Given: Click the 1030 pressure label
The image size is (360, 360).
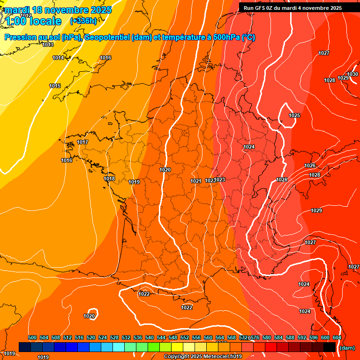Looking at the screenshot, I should pyautogui.click(x=352, y=74).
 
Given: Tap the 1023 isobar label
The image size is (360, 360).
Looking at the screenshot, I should pyautogui.click(x=220, y=180).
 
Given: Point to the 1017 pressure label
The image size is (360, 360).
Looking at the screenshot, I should pyautogui.click(x=82, y=142).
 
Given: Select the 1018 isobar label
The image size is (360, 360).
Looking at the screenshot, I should pyautogui.click(x=109, y=179).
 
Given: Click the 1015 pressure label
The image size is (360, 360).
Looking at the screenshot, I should pyautogui.click(x=55, y=86).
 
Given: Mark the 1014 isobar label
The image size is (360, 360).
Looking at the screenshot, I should pyautogui.click(x=58, y=58).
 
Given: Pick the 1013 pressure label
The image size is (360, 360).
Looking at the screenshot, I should pyautogui.click(x=47, y=45).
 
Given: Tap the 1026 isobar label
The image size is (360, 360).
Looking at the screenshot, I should pyautogui.click(x=310, y=165).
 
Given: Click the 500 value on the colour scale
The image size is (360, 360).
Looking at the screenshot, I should pyautogui.click(x=32, y=337).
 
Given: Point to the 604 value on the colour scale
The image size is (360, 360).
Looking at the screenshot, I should pyautogui.click(x=337, y=337).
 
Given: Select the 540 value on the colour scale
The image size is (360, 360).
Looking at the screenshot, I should pyautogui.click(x=150, y=337).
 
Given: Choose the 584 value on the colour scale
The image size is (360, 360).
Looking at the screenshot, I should pyautogui.click(x=278, y=337).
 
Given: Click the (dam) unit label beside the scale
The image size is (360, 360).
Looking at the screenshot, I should pyautogui.click(x=347, y=348).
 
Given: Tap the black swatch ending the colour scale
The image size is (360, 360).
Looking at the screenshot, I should pyautogui.click(x=329, y=347).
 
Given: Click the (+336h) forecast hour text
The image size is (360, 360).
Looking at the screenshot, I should pyautogui.click(x=83, y=21).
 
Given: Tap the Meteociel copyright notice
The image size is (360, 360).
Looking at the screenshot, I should pyautogui.click(x=202, y=357).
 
